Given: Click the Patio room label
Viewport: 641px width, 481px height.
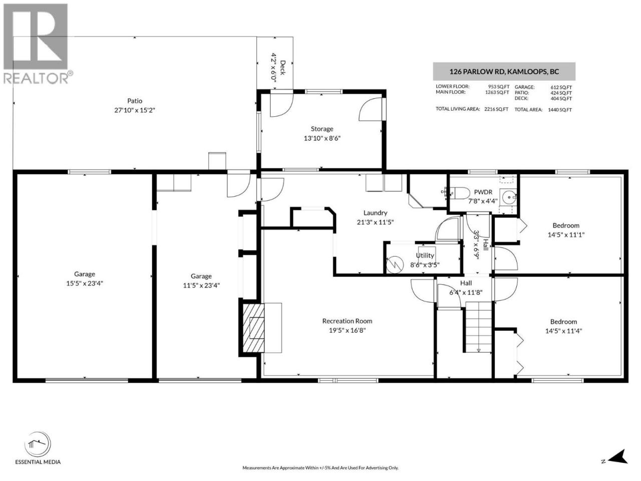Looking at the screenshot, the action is [x=135, y=101].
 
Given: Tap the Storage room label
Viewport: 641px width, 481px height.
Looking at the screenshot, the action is [x=322, y=129].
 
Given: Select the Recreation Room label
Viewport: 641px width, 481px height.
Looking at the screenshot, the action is [x=347, y=321].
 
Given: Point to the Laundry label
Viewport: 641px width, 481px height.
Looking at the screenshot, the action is [x=375, y=213].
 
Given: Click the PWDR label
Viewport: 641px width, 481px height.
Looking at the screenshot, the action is [x=483, y=192].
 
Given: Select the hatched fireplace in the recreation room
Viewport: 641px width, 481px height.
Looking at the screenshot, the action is [x=253, y=328].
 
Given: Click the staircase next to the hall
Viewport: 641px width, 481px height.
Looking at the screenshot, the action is [x=478, y=327].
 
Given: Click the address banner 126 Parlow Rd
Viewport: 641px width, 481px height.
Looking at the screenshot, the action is [x=504, y=72].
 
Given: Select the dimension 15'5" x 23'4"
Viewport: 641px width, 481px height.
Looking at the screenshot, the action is [x=85, y=283].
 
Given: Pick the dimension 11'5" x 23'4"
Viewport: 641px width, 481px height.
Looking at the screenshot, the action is [x=201, y=285].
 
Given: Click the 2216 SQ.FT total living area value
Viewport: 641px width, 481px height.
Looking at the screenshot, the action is [x=496, y=109].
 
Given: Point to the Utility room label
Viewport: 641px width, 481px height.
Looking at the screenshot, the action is [x=425, y=256].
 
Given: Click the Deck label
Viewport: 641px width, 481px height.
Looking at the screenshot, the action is [x=282, y=68].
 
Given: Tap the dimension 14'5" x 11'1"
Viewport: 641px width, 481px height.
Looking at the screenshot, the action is [x=566, y=235].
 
